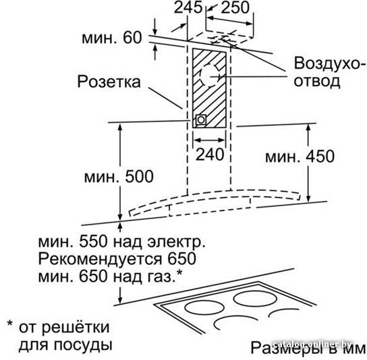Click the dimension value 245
[188, 7]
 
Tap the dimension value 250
[235, 7]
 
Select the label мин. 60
[112, 38]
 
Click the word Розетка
[109, 82]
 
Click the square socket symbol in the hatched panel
[201, 120]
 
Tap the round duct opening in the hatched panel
[210, 76]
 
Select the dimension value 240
[210, 154]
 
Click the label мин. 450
[300, 156]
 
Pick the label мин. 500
[119, 177]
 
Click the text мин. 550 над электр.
[121, 241]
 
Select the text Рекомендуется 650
[117, 258]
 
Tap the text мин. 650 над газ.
[110, 276]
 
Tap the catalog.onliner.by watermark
[313, 344]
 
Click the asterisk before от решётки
[10, 324]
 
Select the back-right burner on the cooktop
[256, 299]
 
